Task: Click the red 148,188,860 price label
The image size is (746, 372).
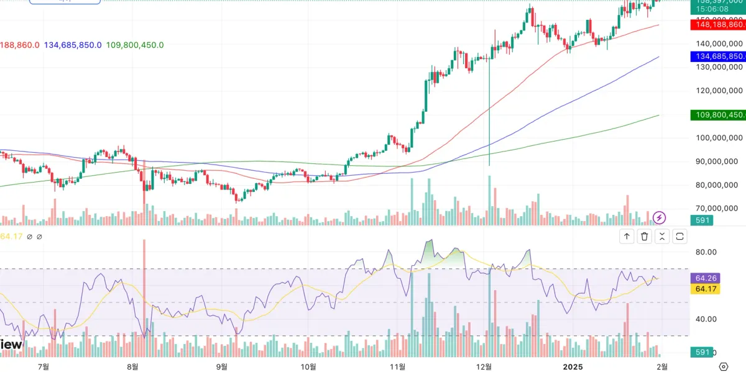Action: (718, 25)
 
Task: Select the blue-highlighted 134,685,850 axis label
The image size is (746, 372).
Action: (718, 57)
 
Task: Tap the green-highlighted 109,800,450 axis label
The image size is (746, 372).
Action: (718, 115)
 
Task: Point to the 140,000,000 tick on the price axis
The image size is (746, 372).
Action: (718, 43)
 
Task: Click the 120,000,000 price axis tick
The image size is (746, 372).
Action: (718, 91)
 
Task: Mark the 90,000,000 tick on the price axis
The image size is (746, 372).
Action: (718, 161)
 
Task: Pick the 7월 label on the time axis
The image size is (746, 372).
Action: (44, 366)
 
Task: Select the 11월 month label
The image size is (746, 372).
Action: (398, 366)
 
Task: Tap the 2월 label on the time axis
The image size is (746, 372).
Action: (663, 366)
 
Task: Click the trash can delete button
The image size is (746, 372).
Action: (645, 236)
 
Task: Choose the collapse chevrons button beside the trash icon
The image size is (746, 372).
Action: (662, 236)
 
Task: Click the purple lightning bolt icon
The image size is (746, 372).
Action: (660, 217)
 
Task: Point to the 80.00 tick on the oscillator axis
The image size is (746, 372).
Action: (707, 252)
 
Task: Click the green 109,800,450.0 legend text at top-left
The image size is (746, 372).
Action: (135, 45)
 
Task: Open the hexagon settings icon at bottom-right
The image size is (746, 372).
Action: (724, 366)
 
